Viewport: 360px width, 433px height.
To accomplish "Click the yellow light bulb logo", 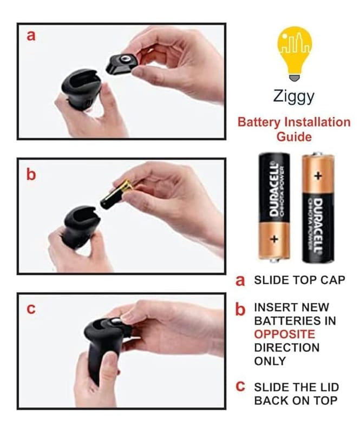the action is [x=294, y=53].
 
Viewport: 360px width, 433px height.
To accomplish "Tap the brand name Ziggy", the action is [x=294, y=96].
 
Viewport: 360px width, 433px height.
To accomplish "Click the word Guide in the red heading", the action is [x=294, y=137].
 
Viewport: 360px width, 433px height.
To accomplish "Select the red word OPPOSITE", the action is [x=284, y=334].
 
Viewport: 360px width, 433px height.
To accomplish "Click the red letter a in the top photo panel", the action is [x=31, y=36].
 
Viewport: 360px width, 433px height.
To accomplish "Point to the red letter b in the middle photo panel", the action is [x=31, y=174].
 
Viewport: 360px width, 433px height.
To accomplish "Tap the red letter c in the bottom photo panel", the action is [x=31, y=309].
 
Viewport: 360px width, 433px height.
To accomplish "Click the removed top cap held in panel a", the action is [x=122, y=64].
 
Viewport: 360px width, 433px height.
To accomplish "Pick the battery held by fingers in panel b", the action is [x=116, y=195].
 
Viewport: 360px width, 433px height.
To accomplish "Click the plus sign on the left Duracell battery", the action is [x=274, y=239].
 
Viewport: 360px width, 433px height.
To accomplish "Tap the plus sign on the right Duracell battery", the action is [x=318, y=175].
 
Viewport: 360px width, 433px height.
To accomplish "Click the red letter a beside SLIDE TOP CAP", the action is [x=240, y=280].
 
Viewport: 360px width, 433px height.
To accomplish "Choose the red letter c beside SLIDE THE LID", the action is [x=240, y=386].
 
